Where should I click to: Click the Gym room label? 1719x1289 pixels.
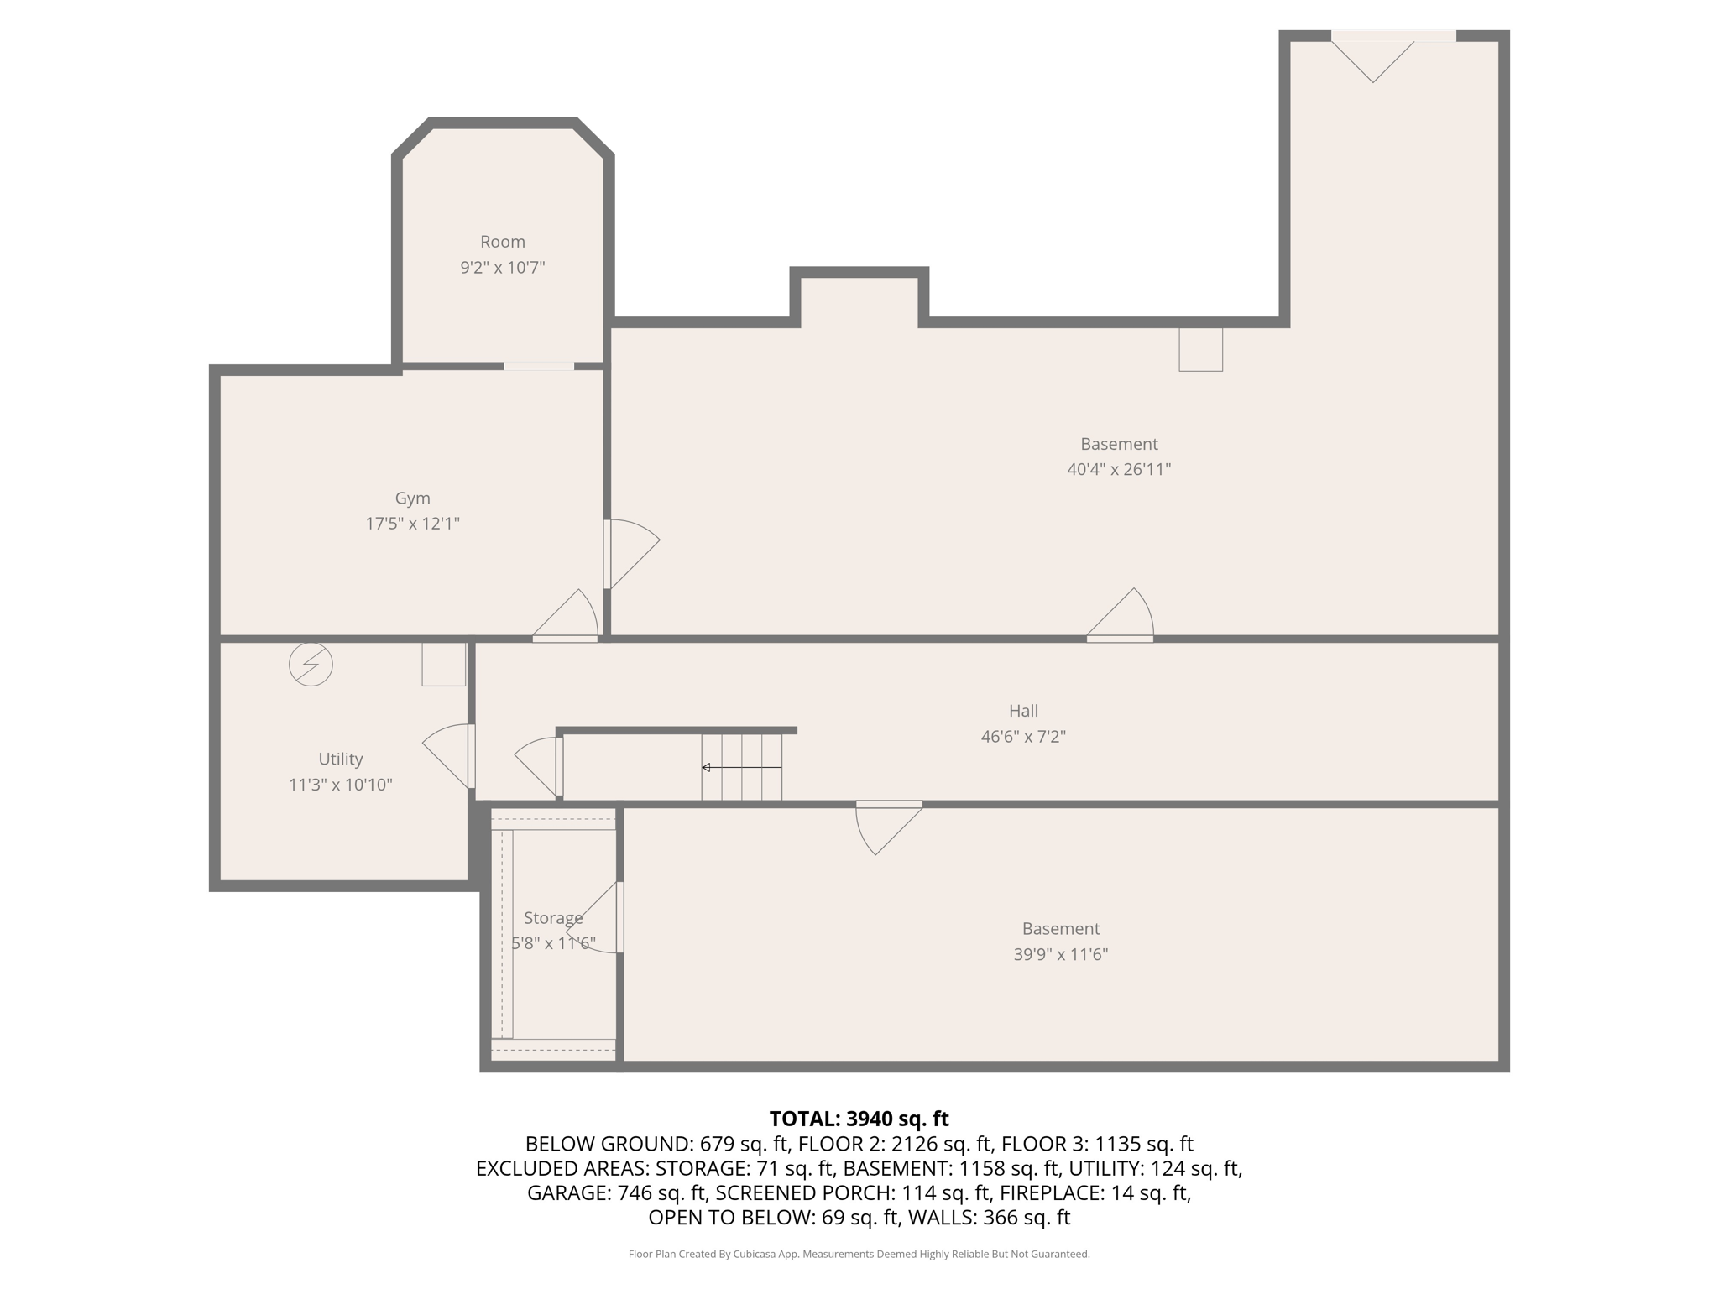coord(412,498)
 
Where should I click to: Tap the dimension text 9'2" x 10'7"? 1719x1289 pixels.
coord(503,268)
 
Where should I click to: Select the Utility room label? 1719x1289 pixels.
coord(341,759)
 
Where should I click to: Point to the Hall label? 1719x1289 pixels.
coord(1023,711)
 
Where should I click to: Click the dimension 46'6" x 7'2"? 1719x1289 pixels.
coord(1023,737)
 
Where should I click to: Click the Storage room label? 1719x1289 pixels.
coord(553,918)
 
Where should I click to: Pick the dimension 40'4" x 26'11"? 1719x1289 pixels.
coord(1119,470)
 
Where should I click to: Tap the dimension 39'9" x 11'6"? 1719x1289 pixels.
coord(1061,954)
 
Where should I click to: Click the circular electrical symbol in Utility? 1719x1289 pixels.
coord(311,665)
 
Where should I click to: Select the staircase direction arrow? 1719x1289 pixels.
coord(742,767)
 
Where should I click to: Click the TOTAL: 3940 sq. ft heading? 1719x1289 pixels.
coord(859,1119)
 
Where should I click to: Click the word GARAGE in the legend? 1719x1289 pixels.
coord(567,1192)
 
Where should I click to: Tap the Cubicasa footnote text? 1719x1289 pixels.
coord(859,1255)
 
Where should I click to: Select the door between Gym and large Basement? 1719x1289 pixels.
coord(631,554)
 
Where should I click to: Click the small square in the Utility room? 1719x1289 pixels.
coord(443,664)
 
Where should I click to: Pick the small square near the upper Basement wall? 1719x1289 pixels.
coord(1200,349)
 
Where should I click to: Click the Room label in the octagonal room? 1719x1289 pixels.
coord(503,242)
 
